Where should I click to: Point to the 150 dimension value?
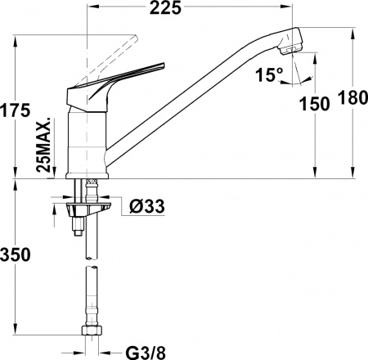coord(315,103)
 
